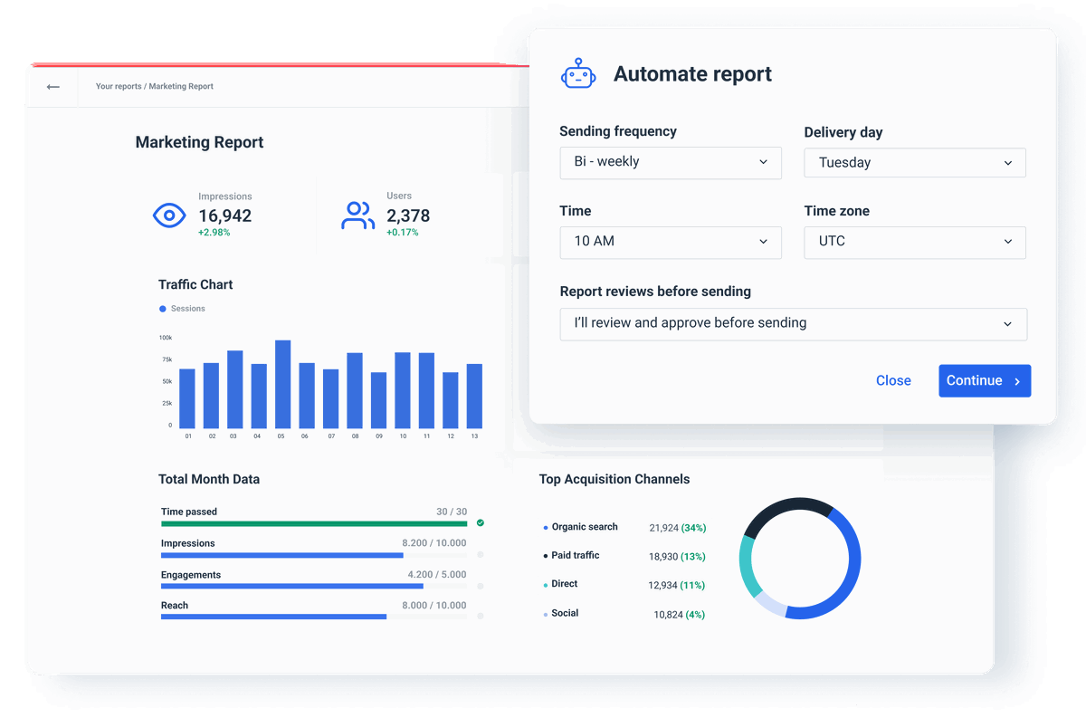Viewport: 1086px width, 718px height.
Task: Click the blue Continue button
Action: point(984,381)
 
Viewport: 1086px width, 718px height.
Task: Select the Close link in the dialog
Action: point(893,381)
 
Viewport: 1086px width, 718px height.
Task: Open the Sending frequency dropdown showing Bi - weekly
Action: point(670,162)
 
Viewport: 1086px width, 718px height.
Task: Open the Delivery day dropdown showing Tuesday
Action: point(914,163)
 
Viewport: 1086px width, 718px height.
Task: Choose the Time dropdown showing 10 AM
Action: point(670,242)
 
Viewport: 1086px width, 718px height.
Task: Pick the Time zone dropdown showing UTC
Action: point(914,242)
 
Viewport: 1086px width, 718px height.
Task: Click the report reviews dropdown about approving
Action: point(793,323)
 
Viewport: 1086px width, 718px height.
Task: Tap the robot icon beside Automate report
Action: point(578,74)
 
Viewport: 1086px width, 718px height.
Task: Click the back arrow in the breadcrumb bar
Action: point(53,87)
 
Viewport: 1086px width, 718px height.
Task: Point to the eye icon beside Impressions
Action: point(169,215)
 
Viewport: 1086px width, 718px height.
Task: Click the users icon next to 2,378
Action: point(357,215)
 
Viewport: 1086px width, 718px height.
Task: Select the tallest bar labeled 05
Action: point(282,384)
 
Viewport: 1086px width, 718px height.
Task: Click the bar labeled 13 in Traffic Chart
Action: point(474,396)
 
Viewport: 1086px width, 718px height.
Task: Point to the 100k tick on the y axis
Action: point(166,338)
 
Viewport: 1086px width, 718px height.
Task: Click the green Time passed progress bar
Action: point(314,523)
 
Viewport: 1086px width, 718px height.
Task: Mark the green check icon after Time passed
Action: point(481,522)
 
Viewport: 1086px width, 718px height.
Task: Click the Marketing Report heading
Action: point(199,142)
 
